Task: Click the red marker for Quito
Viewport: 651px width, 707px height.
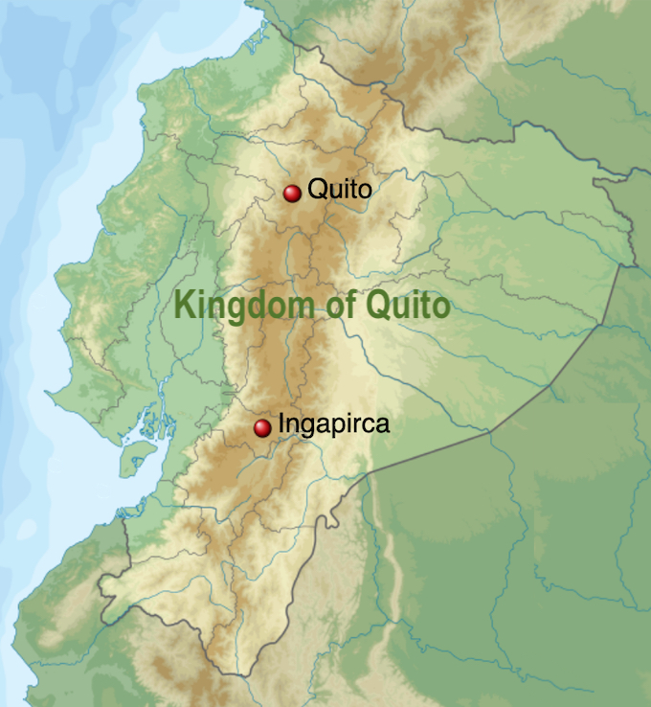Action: pyautogui.click(x=292, y=193)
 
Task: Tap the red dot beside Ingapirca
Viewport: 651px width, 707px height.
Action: pyautogui.click(x=262, y=428)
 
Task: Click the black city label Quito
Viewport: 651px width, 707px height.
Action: pyautogui.click(x=339, y=190)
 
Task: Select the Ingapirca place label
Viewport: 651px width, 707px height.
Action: pyautogui.click(x=333, y=424)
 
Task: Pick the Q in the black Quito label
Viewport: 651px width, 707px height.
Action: pyautogui.click(x=317, y=190)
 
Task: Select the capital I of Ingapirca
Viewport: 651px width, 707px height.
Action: pyautogui.click(x=281, y=422)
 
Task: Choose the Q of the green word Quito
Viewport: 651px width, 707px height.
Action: pyautogui.click(x=373, y=307)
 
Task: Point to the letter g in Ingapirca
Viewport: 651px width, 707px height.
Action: pyautogui.click(x=305, y=427)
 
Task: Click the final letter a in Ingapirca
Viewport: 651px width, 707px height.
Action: pyautogui.click(x=383, y=424)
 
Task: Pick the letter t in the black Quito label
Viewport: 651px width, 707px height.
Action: pyautogui.click(x=353, y=190)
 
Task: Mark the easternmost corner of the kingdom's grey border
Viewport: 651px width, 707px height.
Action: pyautogui.click(x=635, y=263)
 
